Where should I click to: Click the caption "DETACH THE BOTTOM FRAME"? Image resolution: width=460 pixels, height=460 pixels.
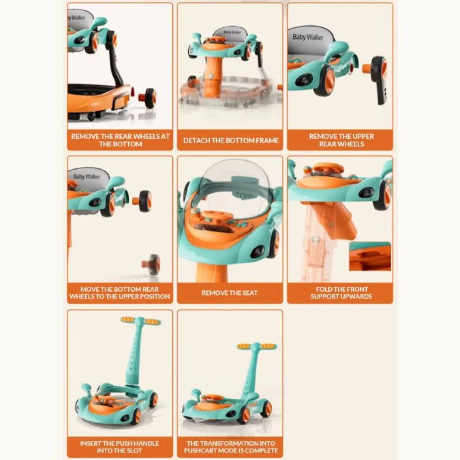[x=230, y=140]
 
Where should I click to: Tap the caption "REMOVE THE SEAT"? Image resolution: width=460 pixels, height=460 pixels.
[x=230, y=293]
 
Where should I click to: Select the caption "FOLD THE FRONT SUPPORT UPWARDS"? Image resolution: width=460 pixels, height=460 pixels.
[x=341, y=293]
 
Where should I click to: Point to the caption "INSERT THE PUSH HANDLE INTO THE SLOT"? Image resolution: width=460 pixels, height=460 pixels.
[x=120, y=447]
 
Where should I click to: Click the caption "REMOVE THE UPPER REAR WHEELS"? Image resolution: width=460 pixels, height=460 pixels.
[x=341, y=140]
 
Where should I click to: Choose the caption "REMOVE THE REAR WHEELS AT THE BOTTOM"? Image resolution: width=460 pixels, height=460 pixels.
[x=120, y=140]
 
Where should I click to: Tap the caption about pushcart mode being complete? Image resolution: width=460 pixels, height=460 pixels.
[x=230, y=447]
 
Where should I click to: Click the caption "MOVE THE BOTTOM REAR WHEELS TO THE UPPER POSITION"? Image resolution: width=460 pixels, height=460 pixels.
[x=120, y=293]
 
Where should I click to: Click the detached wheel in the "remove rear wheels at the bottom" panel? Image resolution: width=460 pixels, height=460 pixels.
[x=147, y=98]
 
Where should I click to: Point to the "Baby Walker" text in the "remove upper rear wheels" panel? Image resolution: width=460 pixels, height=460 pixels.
[x=308, y=37]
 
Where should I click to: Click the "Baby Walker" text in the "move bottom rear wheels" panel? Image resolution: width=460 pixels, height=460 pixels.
[x=86, y=177]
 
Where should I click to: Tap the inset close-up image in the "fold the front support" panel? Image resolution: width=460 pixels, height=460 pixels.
[x=370, y=256]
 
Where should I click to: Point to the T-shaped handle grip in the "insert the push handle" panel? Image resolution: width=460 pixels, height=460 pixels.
[x=141, y=320]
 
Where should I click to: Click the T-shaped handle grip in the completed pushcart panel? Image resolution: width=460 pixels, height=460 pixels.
[x=257, y=346]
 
